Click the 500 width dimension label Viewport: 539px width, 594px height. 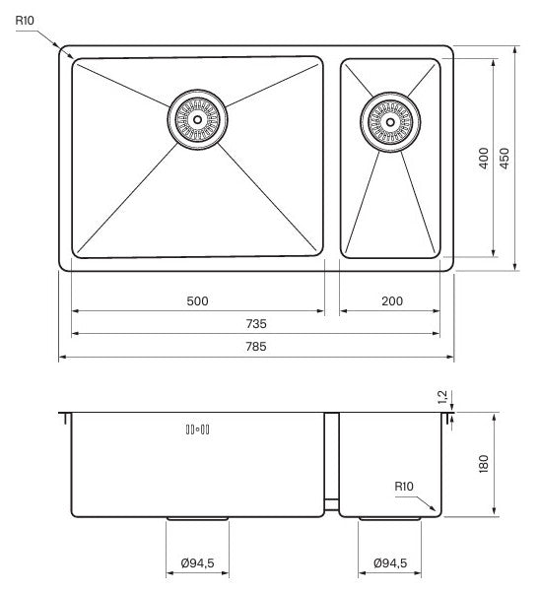pyautogui.click(x=197, y=301)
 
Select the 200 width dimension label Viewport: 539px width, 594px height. pyautogui.click(x=392, y=301)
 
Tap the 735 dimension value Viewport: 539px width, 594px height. pyautogui.click(x=256, y=324)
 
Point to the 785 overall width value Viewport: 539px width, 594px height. pyautogui.click(x=256, y=347)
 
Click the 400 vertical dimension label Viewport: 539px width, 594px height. pyautogui.click(x=483, y=158)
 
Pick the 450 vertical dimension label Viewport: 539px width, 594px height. pyautogui.click(x=505, y=158)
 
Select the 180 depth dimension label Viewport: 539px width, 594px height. pyautogui.click(x=484, y=464)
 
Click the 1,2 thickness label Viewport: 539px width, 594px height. pyautogui.click(x=442, y=397)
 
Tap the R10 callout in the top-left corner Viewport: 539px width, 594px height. pyautogui.click(x=25, y=21)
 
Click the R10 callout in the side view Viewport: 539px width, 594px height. pyautogui.click(x=404, y=487)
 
